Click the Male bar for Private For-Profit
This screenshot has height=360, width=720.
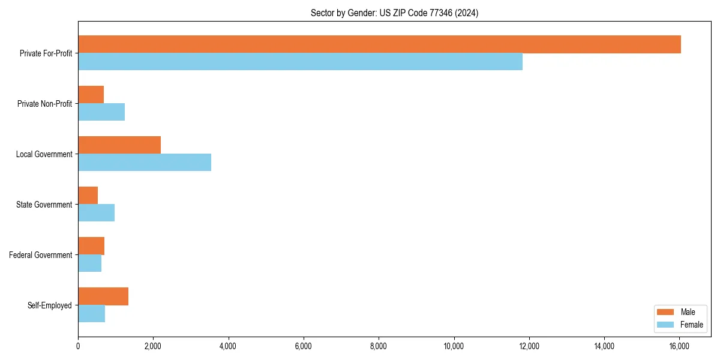coord(379,44)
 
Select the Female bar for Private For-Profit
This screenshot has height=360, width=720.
coord(300,62)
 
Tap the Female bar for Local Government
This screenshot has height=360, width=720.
coord(145,163)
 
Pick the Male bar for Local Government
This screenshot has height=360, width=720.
coord(119,145)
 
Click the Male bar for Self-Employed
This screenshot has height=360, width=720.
coord(103,296)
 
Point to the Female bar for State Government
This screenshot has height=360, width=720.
coord(96,213)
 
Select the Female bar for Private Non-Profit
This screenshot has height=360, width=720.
coord(101,112)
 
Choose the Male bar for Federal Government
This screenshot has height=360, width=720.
coord(91,246)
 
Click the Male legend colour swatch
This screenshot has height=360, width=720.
coord(666,312)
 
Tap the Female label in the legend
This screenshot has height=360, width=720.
coord(692,325)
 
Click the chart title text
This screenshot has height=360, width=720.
coord(394,13)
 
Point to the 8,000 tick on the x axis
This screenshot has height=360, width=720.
coord(379,346)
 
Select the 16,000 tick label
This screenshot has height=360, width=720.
coord(679,346)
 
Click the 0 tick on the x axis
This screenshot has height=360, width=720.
coord(78,346)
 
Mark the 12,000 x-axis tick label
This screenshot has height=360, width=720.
coord(529,346)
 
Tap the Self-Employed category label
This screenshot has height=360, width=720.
coord(50,305)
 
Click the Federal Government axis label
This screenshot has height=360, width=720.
coord(41,255)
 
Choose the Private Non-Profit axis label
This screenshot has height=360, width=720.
coord(44,104)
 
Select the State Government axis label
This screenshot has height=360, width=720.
coord(44,205)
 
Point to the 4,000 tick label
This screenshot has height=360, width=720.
coord(229,346)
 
